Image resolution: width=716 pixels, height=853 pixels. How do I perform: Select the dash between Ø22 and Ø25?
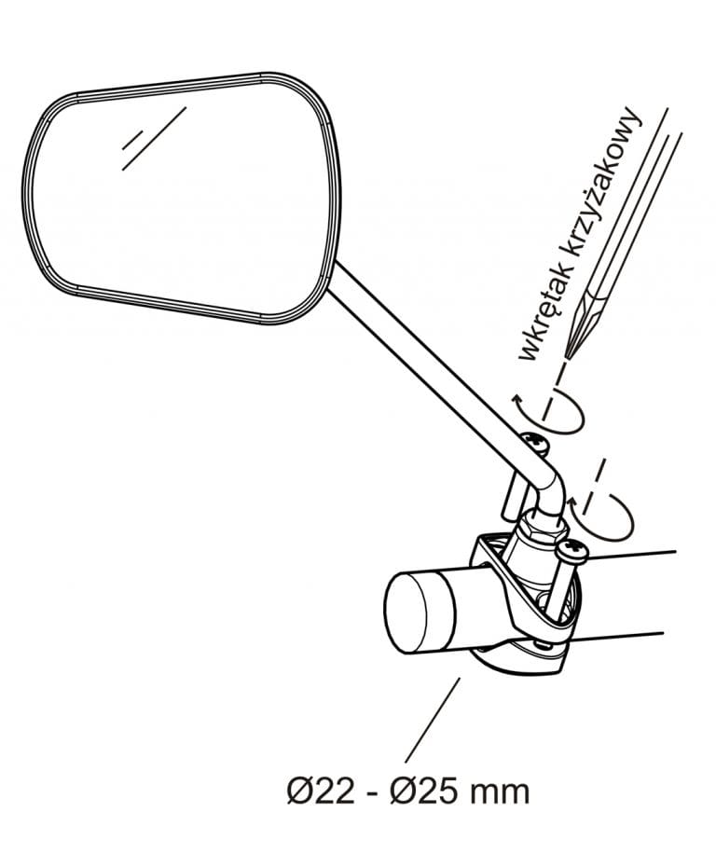373,793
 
